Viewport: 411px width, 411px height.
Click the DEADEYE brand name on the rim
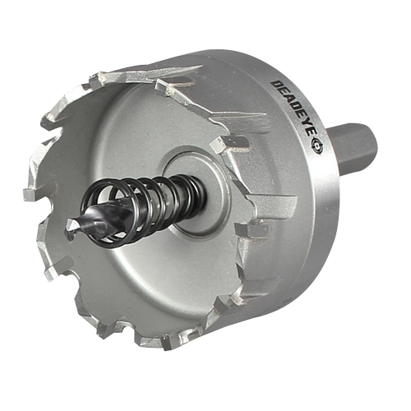click(x=293, y=109)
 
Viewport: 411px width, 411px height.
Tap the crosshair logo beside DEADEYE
click(x=316, y=147)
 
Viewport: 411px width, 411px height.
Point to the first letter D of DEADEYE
click(x=275, y=85)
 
